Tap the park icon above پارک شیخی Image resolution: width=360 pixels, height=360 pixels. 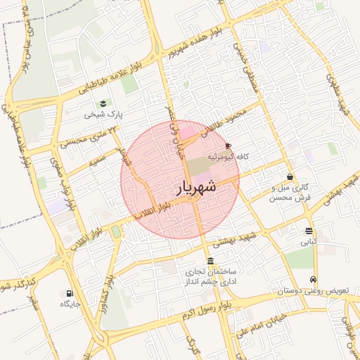click(x=104, y=103)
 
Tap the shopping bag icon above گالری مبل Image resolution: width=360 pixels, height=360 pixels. click(x=290, y=176)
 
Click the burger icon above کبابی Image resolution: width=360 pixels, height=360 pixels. click(x=309, y=231)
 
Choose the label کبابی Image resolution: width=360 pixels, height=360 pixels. click(x=309, y=241)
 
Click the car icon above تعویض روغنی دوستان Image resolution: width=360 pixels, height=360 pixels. click(x=313, y=278)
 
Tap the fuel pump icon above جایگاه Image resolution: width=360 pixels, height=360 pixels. click(x=69, y=293)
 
